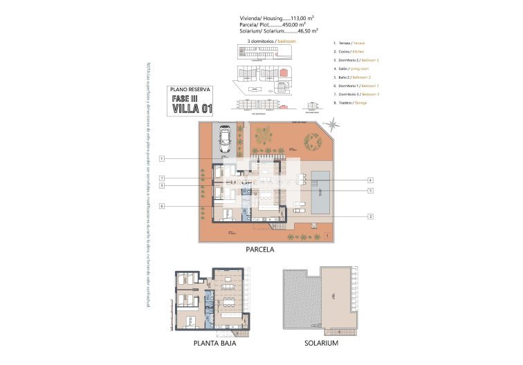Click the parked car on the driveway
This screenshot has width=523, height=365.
point(224,140)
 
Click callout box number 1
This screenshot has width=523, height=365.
point(160,159)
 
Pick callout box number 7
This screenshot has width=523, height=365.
point(160,178)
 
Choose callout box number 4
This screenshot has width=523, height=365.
point(371,180)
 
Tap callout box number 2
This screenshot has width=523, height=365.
point(371,216)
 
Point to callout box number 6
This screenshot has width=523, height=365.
point(160,205)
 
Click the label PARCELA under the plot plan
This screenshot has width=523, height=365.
point(260,250)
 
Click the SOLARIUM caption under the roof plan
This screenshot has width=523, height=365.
point(321,344)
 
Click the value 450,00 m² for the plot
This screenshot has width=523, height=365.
point(302,24)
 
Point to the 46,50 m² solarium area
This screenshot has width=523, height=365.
point(304,31)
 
